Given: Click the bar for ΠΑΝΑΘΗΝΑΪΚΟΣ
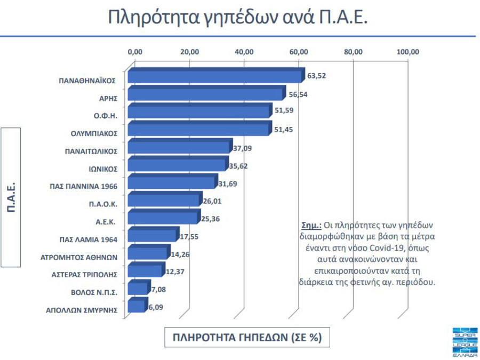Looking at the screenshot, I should [x=213, y=76].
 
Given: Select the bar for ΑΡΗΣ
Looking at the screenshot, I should [x=205, y=94].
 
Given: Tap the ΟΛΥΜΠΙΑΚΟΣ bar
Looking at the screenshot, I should [x=198, y=130].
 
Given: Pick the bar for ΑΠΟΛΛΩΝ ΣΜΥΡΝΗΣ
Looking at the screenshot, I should [x=136, y=306].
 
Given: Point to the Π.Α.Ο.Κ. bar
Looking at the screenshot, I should [x=163, y=200].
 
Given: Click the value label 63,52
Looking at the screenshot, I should [x=316, y=76].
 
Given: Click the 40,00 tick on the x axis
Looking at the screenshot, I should [x=244, y=52].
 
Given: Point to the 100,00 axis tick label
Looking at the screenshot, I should [x=408, y=52].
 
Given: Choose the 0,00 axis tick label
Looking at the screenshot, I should [x=135, y=52].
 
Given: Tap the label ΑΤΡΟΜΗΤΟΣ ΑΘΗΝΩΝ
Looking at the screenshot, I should [x=79, y=257].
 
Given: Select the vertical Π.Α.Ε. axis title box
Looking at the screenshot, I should [x=18, y=197].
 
